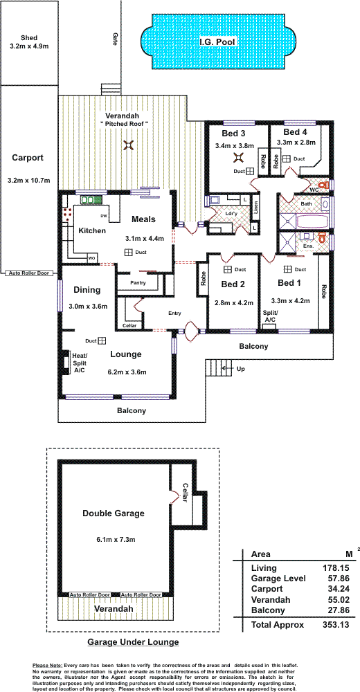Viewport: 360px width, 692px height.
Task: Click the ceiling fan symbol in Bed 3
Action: tap(239, 156)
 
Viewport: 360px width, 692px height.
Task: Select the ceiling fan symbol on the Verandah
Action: tap(129, 145)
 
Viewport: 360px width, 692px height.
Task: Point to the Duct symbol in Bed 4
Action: tap(286, 158)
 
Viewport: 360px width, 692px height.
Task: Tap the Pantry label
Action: tap(138, 283)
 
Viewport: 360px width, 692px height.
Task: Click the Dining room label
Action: tap(87, 290)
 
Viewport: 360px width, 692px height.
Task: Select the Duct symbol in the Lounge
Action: tap(102, 340)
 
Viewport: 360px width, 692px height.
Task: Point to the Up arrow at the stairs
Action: tap(228, 367)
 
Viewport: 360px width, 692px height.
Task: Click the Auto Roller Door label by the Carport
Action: tap(30, 273)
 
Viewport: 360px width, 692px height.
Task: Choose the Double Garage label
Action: tap(114, 513)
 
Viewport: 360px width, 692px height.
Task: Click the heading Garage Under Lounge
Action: tap(133, 641)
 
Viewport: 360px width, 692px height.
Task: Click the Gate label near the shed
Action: tap(116, 39)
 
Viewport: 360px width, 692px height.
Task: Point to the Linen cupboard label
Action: tap(255, 210)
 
